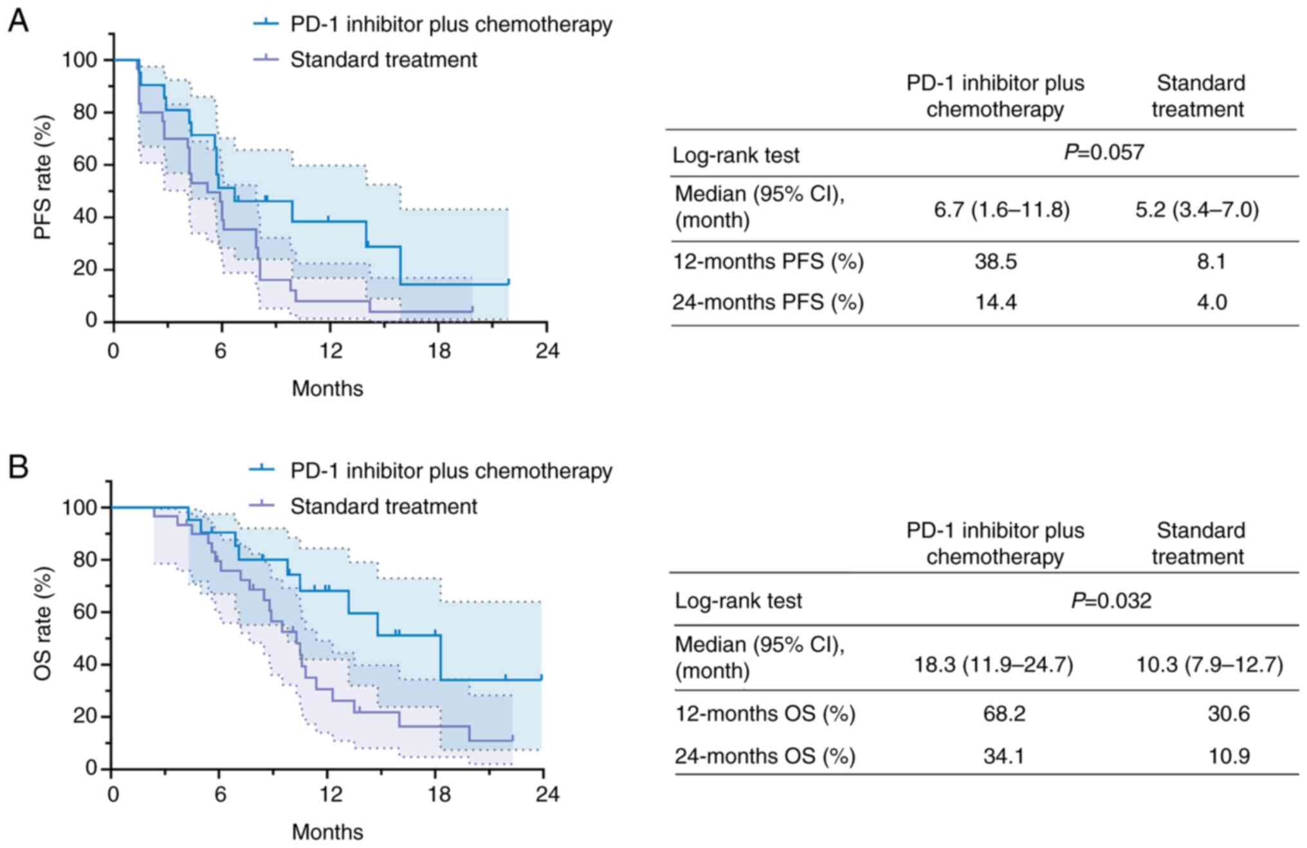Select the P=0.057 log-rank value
(1104, 152)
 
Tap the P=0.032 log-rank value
(1111, 600)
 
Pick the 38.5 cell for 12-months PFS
(995, 261)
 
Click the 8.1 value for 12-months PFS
(1211, 261)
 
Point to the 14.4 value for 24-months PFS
(996, 302)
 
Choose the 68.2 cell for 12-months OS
(1003, 714)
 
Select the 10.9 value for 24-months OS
(1229, 755)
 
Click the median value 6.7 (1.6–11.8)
(1001, 210)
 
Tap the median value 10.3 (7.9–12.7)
(1209, 664)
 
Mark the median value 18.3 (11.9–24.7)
(994, 664)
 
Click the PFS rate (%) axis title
(42, 178)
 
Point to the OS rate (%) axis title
(42, 624)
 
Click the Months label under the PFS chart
(327, 389)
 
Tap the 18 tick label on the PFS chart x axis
(439, 351)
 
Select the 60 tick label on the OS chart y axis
(84, 612)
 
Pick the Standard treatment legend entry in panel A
(383, 60)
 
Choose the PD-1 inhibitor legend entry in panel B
(450, 471)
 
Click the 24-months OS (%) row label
(765, 756)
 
